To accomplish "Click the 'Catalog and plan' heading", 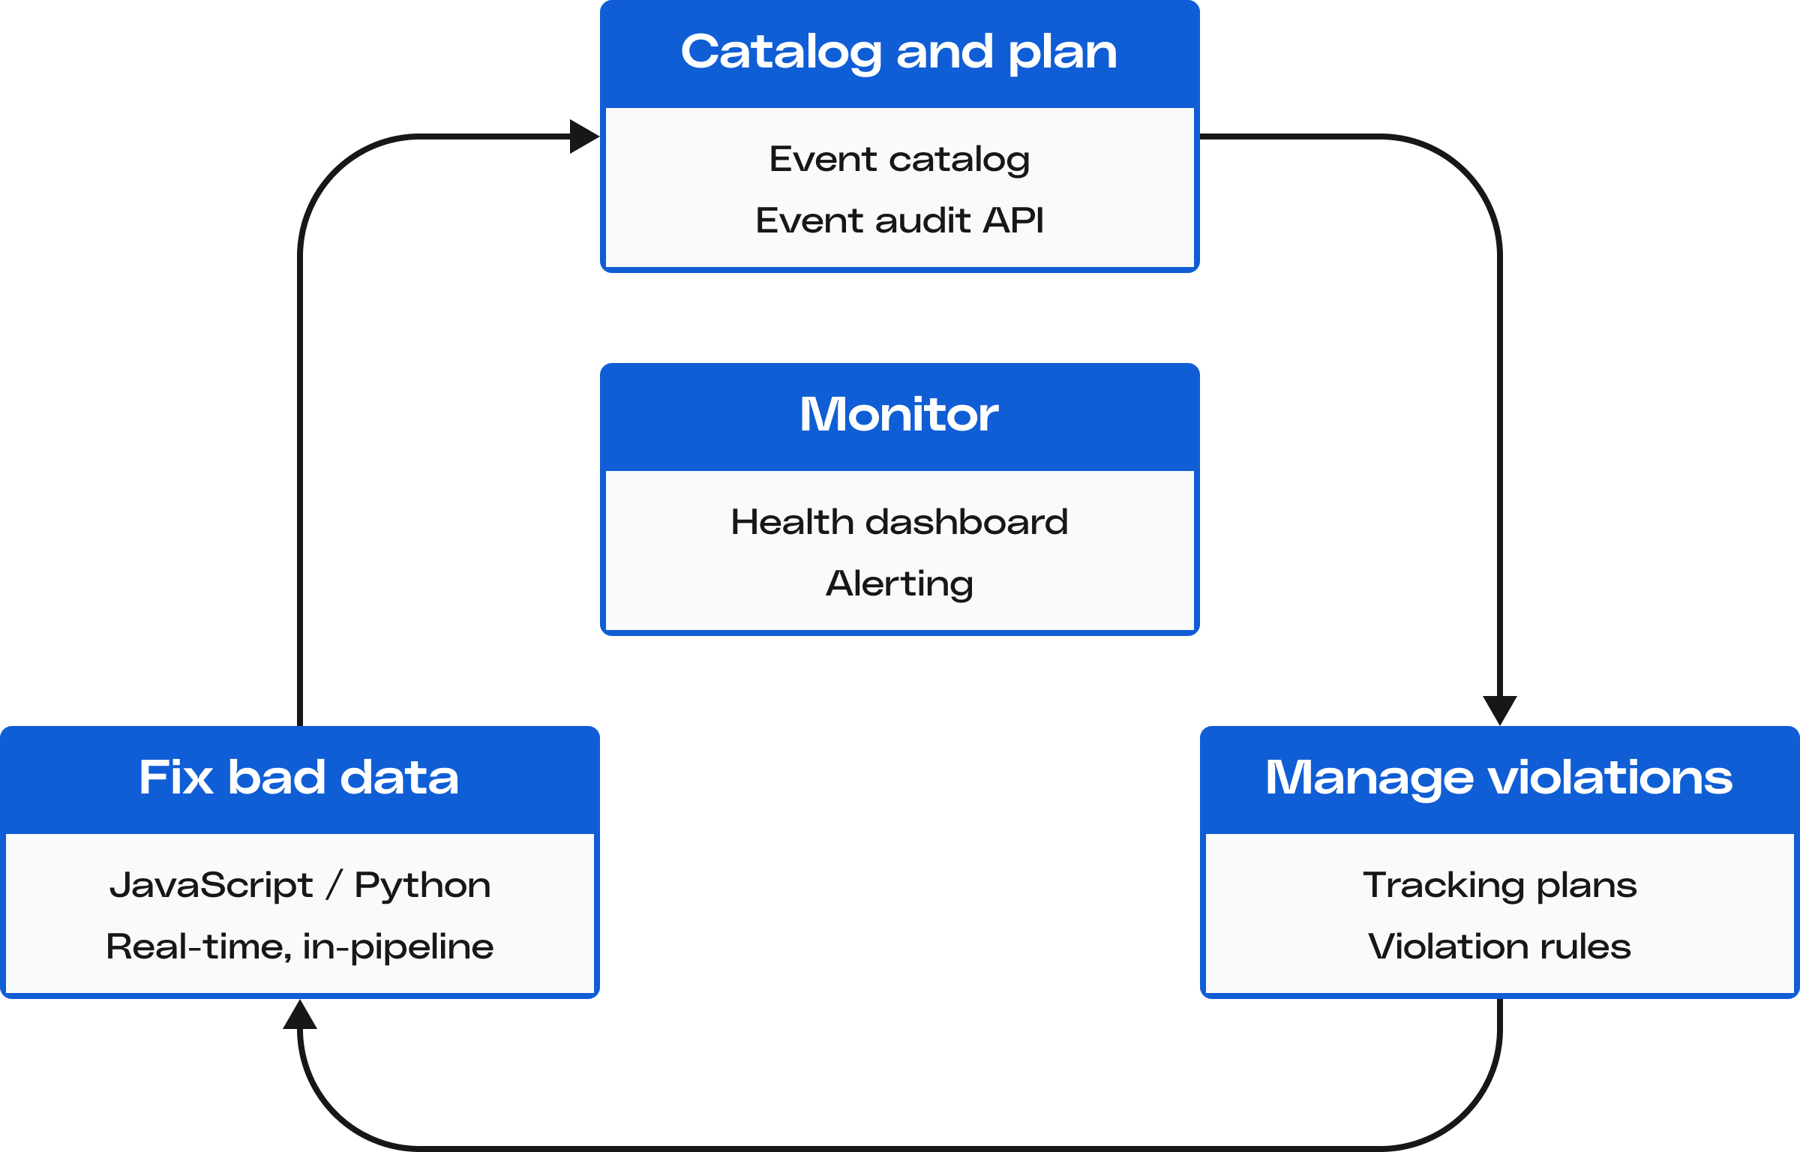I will pos(898,52).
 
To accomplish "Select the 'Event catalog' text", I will pos(899,159).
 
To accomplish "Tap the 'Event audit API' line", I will pos(899,220).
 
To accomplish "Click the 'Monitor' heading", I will pos(898,414).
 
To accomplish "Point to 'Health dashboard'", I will pos(899,522).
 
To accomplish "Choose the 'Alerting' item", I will pos(899,583).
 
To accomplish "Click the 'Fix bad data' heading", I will pos(298,777).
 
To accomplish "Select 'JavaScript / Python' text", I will pos(300,885).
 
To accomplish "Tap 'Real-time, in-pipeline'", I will pos(300,946).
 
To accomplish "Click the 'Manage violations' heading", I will pos(1498,777).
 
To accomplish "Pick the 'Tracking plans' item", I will pos(1499,885).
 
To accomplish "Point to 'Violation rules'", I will pos(1499,946).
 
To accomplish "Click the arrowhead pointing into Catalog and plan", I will pos(583,136).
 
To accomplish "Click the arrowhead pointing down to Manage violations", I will pos(1500,709).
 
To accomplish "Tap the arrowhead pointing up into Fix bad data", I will pos(300,1015).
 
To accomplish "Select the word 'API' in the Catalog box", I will pos(1013,220).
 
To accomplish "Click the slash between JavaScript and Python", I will pos(334,885).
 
